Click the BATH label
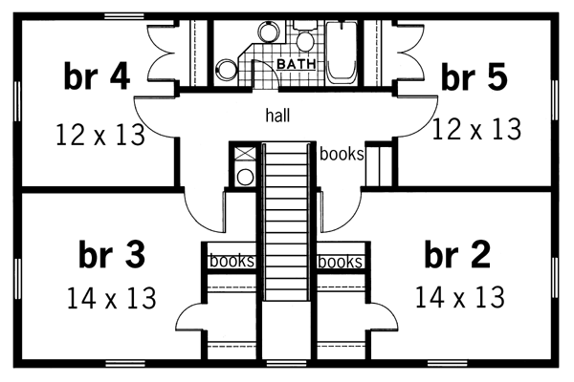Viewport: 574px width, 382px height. (x=296, y=64)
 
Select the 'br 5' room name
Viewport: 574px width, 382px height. (x=474, y=78)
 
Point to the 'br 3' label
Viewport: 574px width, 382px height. (x=111, y=256)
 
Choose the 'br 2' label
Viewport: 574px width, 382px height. (x=457, y=256)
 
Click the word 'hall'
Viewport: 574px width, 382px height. (x=278, y=115)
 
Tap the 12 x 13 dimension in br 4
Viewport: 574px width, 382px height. (x=100, y=135)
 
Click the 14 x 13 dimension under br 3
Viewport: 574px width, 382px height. (x=111, y=299)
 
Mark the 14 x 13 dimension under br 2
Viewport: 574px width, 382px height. (x=459, y=298)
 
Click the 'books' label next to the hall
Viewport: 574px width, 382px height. (x=341, y=153)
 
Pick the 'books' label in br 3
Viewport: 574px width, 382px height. (x=231, y=261)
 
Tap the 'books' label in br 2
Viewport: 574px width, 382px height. (x=340, y=261)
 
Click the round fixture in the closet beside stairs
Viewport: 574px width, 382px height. (x=243, y=176)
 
